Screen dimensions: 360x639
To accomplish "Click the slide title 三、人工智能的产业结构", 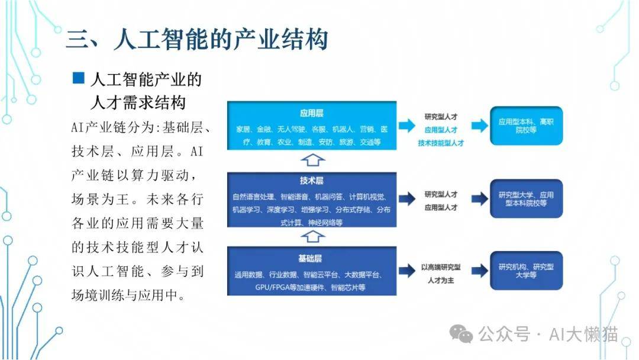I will click(x=196, y=40).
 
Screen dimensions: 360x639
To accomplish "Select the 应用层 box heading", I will click(x=311, y=112).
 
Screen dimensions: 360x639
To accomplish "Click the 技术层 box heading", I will click(x=311, y=181).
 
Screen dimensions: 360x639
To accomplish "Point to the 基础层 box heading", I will click(x=311, y=259).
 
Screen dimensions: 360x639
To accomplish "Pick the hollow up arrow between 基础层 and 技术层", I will click(x=311, y=237).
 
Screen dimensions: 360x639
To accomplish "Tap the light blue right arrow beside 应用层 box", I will click(x=406, y=126).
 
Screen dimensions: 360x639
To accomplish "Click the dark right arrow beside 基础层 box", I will click(x=406, y=271).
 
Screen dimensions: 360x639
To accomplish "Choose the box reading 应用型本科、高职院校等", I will click(x=526, y=126).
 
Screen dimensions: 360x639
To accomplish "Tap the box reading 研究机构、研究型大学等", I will click(x=526, y=271).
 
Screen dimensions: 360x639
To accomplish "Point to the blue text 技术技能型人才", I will click(x=441, y=143).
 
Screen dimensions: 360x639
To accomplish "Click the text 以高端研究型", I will click(x=441, y=267).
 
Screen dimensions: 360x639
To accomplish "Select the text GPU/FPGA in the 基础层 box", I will click(x=272, y=287).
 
